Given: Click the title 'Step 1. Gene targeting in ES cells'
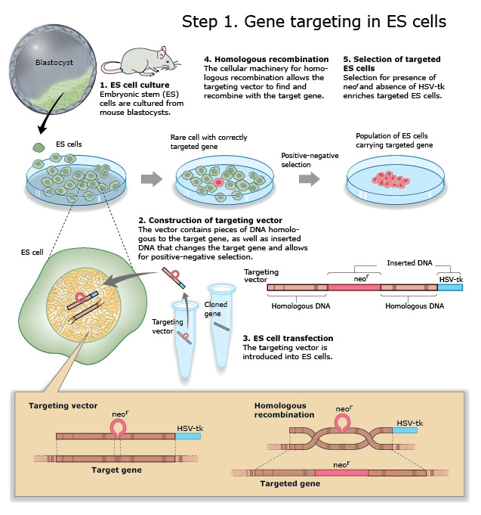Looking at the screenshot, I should coord(313,21).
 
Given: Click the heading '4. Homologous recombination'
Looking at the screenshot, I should coord(266,59).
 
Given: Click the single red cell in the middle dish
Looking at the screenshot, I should coord(218,182).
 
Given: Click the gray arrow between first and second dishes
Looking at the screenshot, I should coord(153,178).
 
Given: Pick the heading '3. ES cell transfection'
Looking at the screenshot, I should coord(288,338).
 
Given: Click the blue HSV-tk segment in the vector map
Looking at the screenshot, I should coord(452,287).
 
